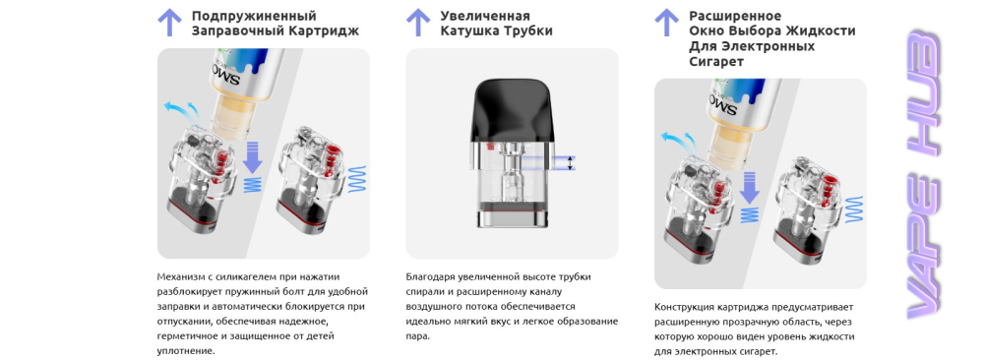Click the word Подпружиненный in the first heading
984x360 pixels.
(254, 16)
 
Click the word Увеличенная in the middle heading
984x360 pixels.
(485, 16)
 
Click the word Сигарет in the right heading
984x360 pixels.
(716, 61)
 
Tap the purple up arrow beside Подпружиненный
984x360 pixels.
(169, 23)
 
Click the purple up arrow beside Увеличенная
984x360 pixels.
(418, 23)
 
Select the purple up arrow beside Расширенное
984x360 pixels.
(666, 23)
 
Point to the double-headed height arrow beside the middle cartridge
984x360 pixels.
(569, 163)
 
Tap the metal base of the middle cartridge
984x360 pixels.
(512, 218)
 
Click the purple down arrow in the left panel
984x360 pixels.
(252, 157)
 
